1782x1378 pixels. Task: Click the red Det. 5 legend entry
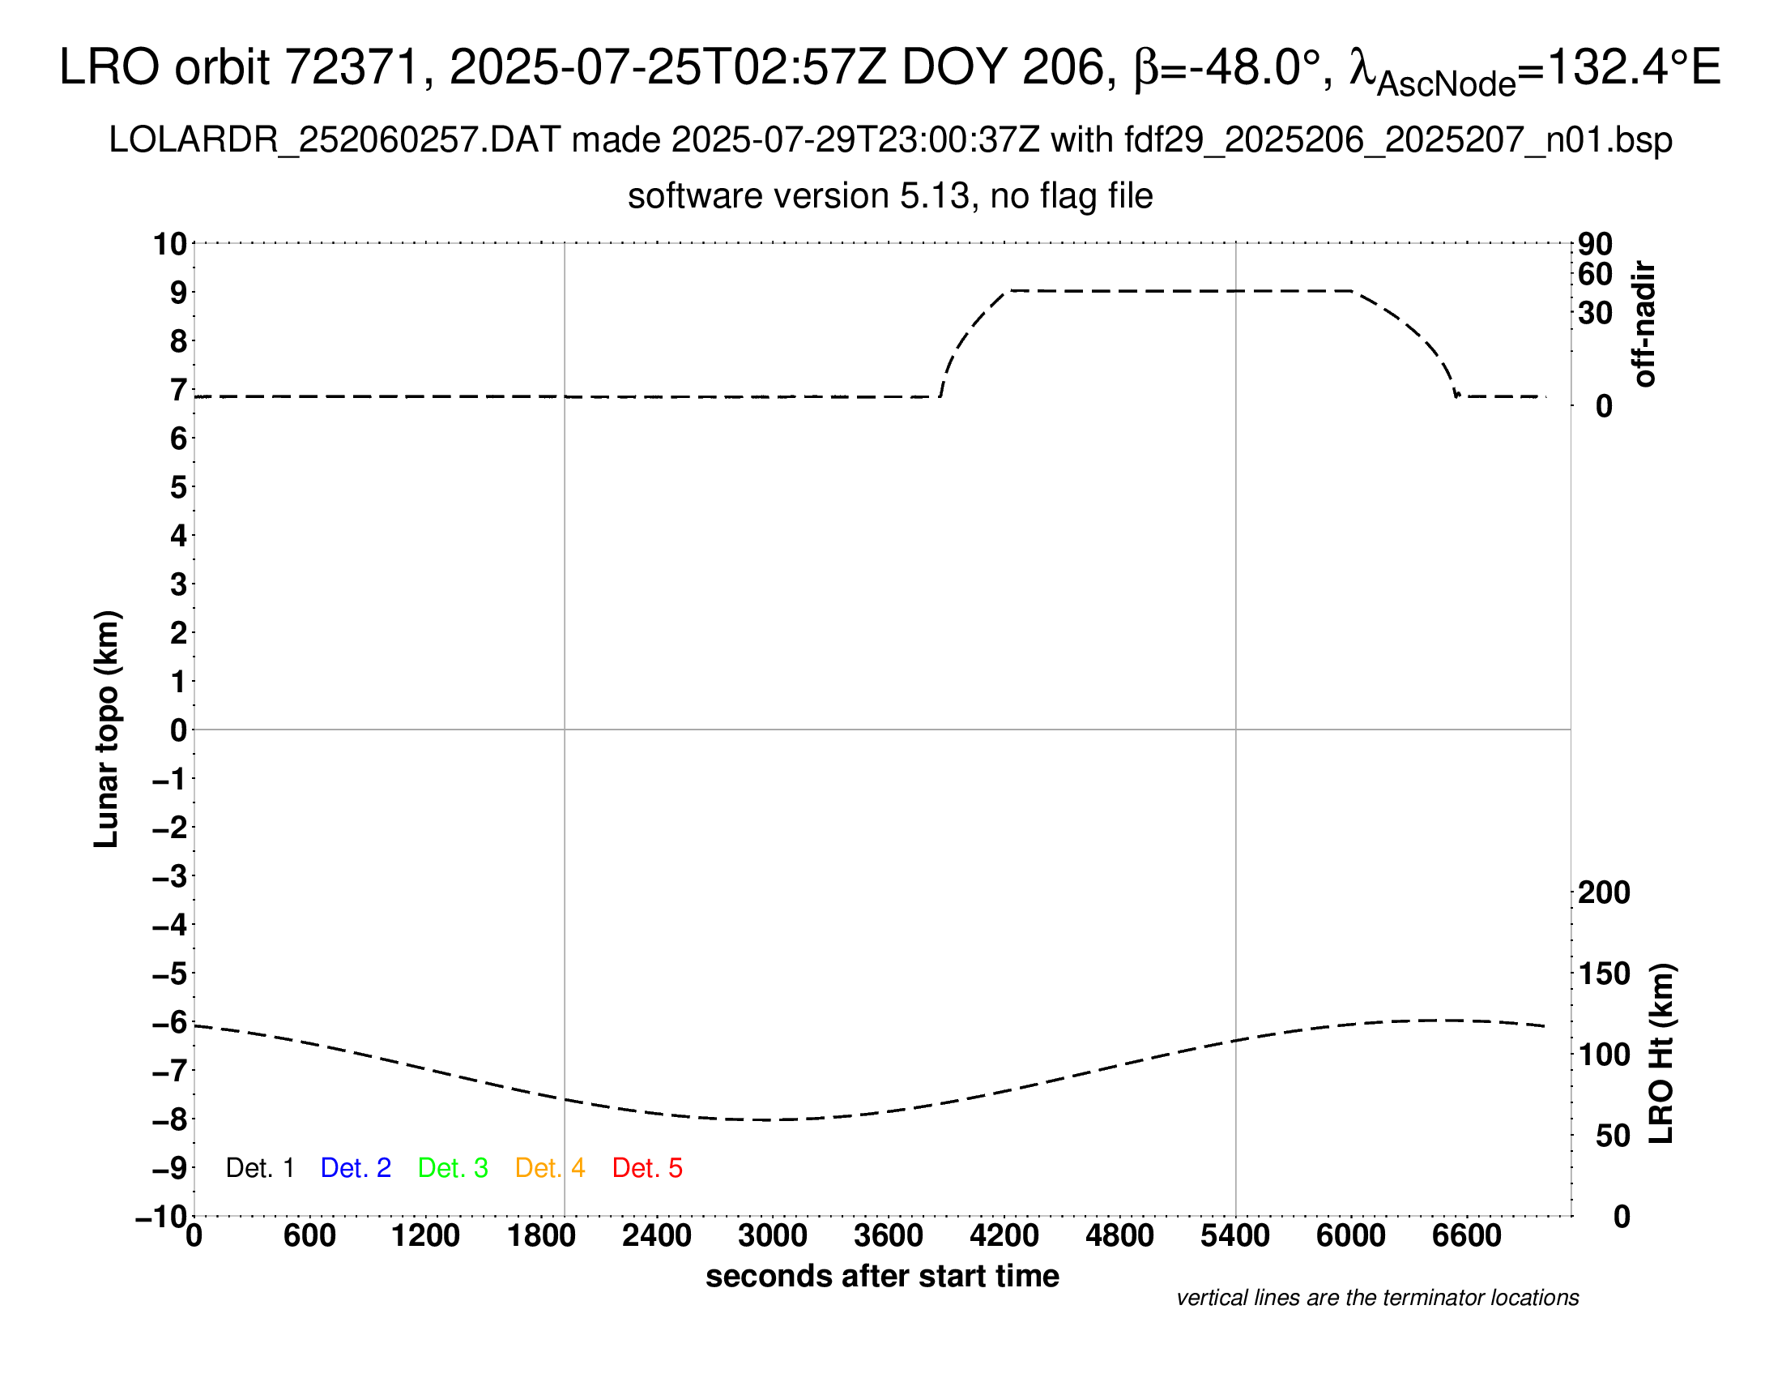647,1168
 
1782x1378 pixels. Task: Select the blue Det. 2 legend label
356,1168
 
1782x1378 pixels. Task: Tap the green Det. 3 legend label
453,1168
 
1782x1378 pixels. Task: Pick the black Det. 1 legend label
259,1168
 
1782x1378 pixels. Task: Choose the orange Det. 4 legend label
550,1168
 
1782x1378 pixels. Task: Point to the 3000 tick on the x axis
772,1236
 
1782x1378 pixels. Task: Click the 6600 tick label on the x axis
1466,1236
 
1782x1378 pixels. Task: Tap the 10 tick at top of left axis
171,244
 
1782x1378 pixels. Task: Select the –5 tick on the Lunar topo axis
171,974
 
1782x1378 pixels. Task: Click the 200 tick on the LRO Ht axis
1603,892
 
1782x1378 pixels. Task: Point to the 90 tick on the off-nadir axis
1595,244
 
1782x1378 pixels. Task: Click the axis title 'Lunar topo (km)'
107,729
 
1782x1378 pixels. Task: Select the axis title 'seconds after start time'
882,1276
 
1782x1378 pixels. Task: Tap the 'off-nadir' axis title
1644,324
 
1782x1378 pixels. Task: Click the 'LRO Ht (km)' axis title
1661,1054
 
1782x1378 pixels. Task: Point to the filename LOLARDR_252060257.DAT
335,140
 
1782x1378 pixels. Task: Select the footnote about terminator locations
1377,1298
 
